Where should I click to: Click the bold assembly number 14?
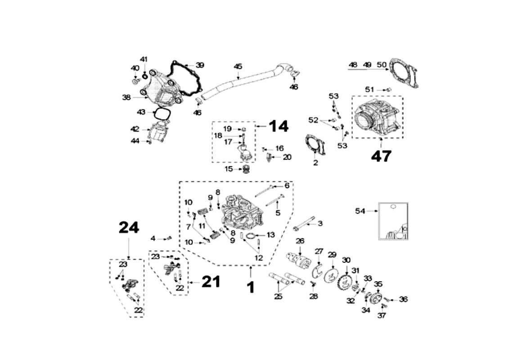click(279, 126)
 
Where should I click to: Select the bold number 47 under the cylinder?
click(382, 156)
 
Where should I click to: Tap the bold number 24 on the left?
click(129, 228)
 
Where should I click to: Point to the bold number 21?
click(211, 282)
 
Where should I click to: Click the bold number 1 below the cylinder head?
click(251, 288)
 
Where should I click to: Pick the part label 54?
click(360, 211)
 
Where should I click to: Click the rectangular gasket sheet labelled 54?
click(393, 221)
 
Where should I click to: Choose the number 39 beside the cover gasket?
click(200, 65)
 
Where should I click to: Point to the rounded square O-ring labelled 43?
click(161, 114)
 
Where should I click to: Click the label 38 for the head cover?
click(126, 98)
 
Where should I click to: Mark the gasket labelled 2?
click(315, 145)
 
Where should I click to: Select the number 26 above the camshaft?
click(300, 241)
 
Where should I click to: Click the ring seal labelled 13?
click(250, 236)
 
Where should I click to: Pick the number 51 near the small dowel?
click(369, 90)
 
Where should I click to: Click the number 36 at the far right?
click(403, 299)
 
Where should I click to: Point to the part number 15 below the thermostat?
click(229, 169)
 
